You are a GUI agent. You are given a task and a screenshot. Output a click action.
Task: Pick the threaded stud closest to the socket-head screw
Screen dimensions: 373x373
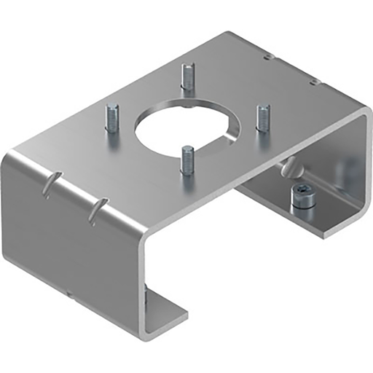pyautogui.click(x=262, y=117)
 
